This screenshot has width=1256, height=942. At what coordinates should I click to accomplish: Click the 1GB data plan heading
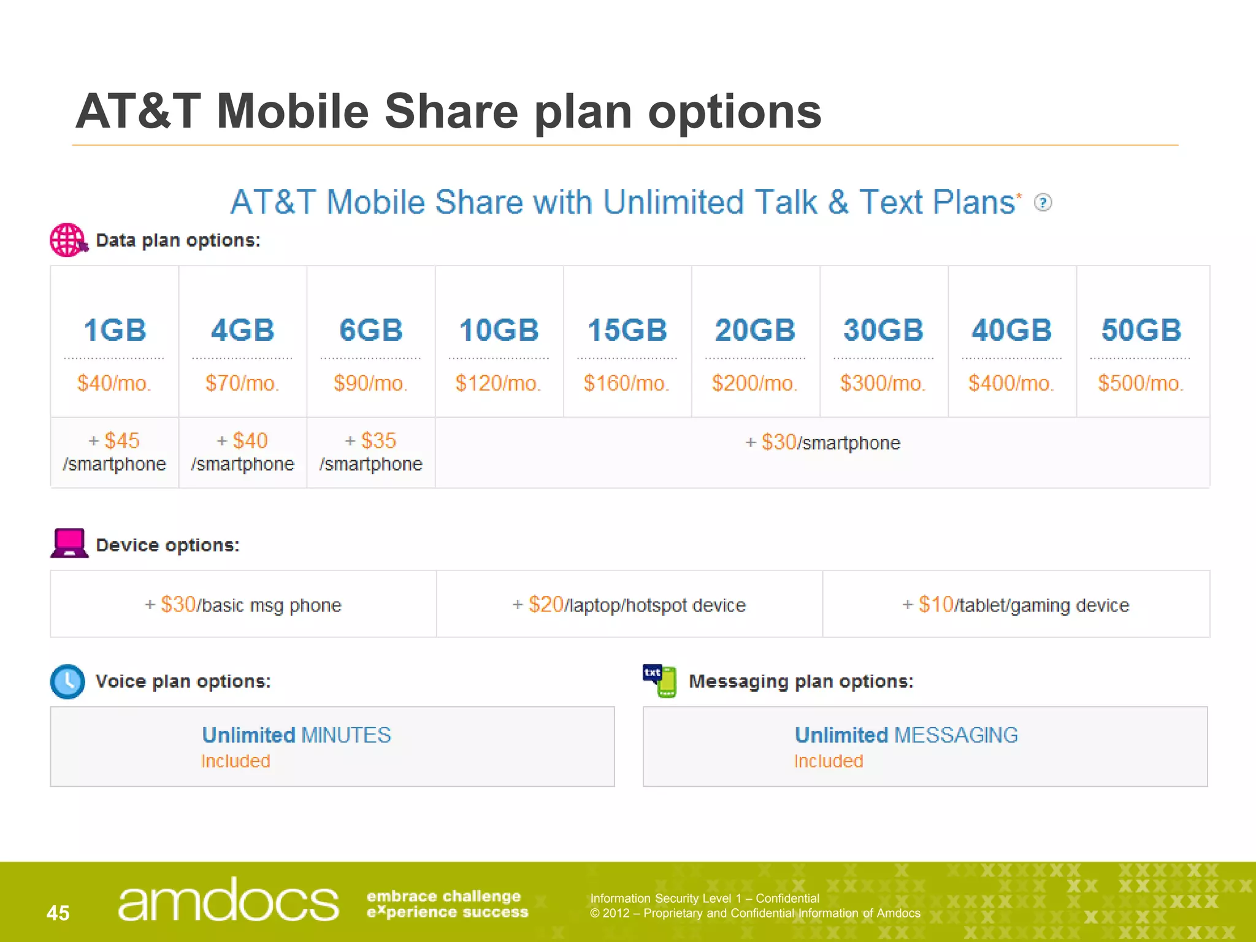pos(115,331)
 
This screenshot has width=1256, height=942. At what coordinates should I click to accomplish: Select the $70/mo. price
pos(242,383)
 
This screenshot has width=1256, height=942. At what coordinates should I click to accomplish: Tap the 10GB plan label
pos(499,331)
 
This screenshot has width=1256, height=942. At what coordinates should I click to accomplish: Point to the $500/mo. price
pos(1140,383)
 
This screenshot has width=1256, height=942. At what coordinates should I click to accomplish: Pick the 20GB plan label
pos(755,331)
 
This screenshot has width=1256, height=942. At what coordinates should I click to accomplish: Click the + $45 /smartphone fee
pos(115,452)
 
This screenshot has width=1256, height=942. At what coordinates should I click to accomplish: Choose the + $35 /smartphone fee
pos(371,452)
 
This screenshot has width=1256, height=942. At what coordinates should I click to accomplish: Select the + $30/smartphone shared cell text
pos(822,443)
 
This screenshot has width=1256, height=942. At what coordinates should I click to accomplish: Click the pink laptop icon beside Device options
pos(69,543)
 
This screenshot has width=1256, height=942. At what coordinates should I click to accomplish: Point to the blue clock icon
pos(67,681)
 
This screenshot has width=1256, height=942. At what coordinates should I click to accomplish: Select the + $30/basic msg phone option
pos(243,605)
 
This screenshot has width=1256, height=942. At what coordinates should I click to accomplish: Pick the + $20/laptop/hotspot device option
pos(629,605)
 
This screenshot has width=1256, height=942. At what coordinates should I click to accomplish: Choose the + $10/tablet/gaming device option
pos(1016,605)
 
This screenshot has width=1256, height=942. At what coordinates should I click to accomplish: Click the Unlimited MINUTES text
pos(296,735)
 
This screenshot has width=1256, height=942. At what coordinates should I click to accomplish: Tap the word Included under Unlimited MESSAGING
pos(829,761)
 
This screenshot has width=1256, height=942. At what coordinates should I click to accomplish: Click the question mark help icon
pos(1043,202)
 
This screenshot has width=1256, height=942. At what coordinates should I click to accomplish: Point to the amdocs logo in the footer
pos(228,900)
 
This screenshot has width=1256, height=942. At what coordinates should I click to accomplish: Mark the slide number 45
pos(58,913)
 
